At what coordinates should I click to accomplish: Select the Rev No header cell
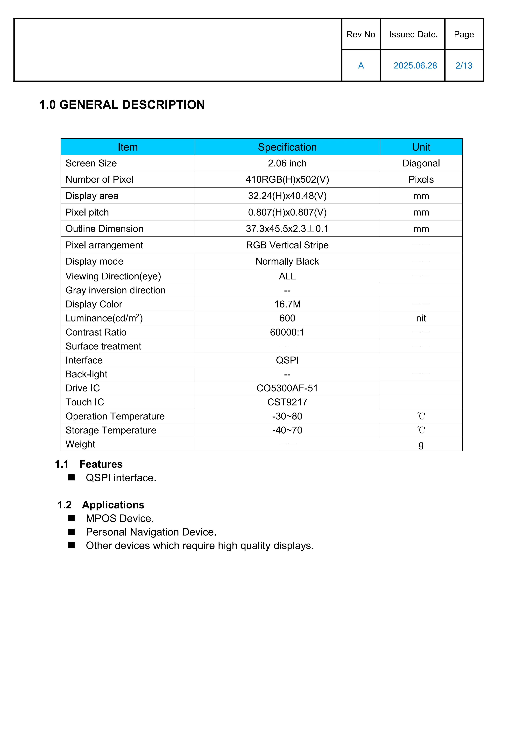click(361, 34)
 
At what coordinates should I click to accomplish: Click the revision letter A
click(361, 66)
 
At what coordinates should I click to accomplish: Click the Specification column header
click(287, 147)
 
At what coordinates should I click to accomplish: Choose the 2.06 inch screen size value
click(287, 163)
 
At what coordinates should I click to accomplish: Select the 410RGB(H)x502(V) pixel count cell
click(287, 179)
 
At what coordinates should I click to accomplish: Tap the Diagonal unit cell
click(421, 163)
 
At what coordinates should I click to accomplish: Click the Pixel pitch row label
click(87, 212)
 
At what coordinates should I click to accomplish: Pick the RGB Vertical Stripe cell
click(287, 245)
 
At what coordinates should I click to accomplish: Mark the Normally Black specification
click(287, 261)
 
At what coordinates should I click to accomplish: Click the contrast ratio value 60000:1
click(287, 332)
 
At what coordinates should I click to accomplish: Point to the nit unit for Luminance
click(421, 318)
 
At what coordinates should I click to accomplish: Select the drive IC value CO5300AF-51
click(287, 388)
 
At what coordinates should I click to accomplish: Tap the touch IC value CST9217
click(287, 402)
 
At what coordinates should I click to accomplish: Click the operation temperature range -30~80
click(287, 416)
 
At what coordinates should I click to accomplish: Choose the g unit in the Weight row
click(421, 444)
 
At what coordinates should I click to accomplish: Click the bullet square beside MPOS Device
click(72, 518)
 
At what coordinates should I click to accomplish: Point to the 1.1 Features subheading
click(89, 464)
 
